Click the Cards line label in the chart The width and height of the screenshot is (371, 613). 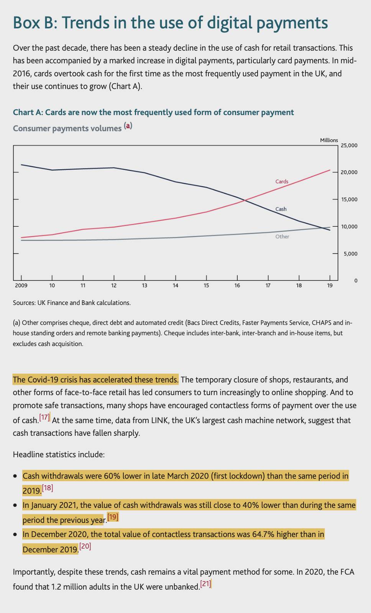pyautogui.click(x=282, y=181)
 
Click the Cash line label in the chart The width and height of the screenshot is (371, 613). pyautogui.click(x=281, y=209)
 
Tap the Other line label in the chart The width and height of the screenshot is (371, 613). pyautogui.click(x=282, y=236)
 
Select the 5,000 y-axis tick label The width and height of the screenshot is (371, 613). pyautogui.click(x=350, y=254)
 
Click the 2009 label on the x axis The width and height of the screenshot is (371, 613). pyautogui.click(x=21, y=285)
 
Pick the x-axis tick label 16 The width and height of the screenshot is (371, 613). pyautogui.click(x=237, y=285)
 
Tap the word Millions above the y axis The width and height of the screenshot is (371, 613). pyautogui.click(x=329, y=140)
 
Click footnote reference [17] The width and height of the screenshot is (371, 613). pyautogui.click(x=44, y=417)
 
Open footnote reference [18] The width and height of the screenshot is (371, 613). pyautogui.click(x=47, y=488)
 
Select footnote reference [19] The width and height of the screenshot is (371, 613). pyautogui.click(x=113, y=517)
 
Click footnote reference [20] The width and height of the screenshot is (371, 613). pyautogui.click(x=85, y=546)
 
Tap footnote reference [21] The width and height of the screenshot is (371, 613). pyautogui.click(x=205, y=584)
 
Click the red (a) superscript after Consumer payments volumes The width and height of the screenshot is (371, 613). pyautogui.click(x=128, y=125)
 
